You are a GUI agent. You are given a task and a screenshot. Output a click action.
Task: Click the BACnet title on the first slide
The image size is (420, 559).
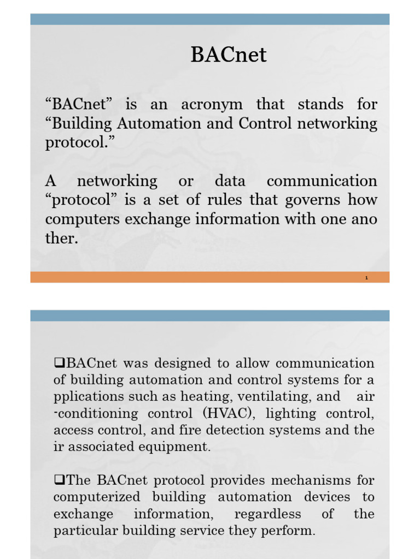(229, 55)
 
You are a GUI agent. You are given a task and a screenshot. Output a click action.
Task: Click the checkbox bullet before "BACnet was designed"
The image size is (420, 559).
(59, 362)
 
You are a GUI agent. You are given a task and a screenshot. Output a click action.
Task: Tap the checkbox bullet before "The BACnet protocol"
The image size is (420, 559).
(59, 480)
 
